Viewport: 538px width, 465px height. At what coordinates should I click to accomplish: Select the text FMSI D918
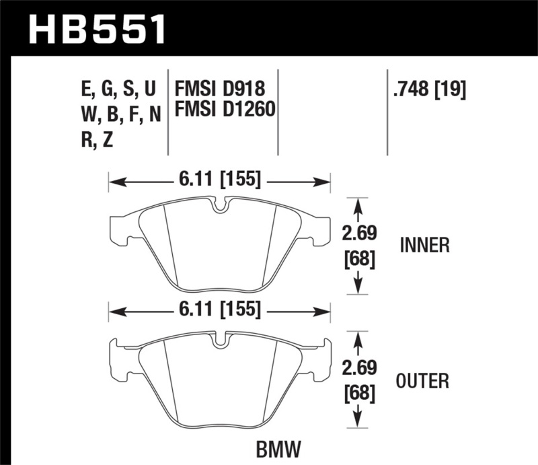tap(220, 88)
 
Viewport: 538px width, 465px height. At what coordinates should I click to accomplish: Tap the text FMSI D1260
tap(225, 108)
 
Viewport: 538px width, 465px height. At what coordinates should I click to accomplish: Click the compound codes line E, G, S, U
tap(118, 88)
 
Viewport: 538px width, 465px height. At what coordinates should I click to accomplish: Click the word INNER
tap(424, 246)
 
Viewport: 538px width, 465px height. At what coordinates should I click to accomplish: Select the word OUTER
tap(424, 382)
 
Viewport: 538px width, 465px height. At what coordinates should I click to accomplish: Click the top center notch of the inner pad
tap(219, 205)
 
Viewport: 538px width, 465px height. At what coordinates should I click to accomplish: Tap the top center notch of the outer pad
tap(219, 340)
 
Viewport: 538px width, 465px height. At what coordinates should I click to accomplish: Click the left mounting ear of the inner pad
tap(118, 229)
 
